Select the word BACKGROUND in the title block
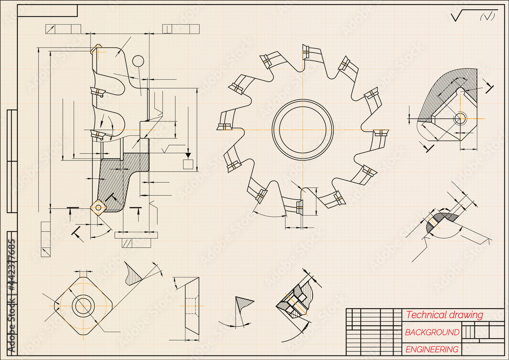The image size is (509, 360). pos(432,333)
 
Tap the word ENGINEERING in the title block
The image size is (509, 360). pos(432,349)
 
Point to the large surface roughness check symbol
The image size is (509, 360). pos(461,17)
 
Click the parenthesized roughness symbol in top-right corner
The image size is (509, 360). pos(488,17)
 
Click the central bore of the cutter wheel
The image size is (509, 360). pos(302,129)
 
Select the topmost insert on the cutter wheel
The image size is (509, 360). pos(306,51)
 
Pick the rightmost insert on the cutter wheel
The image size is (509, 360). pos(380,133)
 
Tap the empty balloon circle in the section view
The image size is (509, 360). pos(138,61)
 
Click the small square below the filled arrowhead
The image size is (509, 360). pos(188,164)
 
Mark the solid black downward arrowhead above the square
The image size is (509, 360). pos(188,154)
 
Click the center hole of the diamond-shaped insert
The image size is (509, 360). pos(82,306)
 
